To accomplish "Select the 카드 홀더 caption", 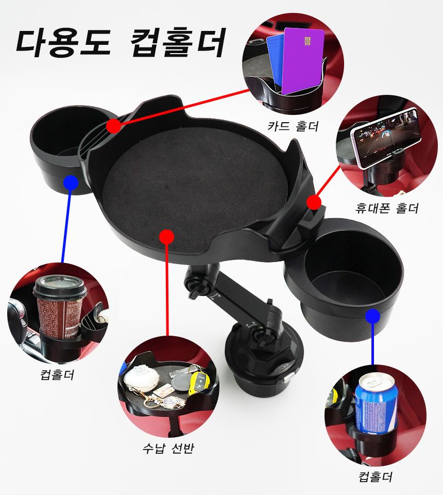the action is (293, 126).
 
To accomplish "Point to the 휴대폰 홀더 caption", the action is (387, 208).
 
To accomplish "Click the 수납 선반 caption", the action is (168, 448).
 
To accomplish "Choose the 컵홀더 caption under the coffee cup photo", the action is (57, 375).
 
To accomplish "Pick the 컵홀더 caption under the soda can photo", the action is (376, 476).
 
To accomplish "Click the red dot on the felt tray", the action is (167, 237).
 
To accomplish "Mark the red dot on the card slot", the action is (113, 126).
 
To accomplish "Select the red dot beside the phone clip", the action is (314, 202).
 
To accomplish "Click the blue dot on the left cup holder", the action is (71, 183).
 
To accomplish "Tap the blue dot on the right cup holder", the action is (373, 316).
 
